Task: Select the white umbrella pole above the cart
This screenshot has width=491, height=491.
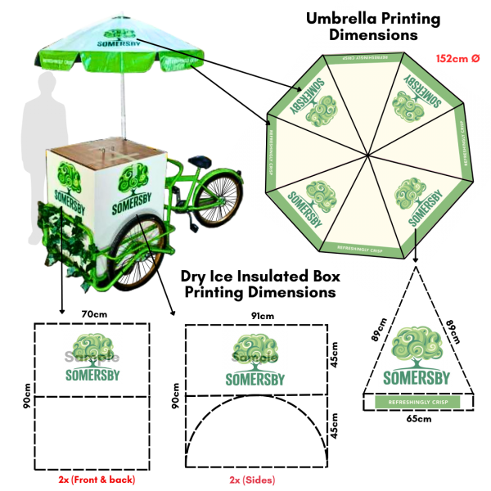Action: pos(124,106)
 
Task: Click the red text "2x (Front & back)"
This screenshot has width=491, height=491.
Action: pos(97,479)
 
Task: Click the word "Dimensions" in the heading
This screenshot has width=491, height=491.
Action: pos(365,35)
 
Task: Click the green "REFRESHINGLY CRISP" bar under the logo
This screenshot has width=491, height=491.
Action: pos(417,403)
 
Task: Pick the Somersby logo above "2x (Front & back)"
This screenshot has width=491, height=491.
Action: pos(92,357)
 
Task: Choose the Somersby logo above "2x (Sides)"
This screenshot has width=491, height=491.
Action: pos(255,358)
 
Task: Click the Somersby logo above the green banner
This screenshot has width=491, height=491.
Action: pos(416,356)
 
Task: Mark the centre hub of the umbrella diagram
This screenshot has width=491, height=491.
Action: pos(367,154)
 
